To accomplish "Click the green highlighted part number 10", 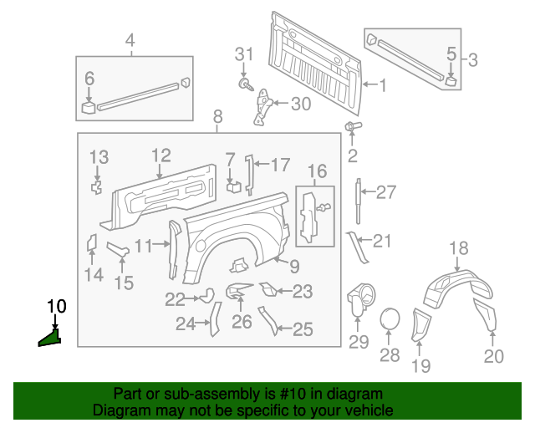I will tap(50, 337).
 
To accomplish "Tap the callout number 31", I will tap(242, 55).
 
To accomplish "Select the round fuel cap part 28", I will tap(390, 320).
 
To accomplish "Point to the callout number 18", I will tap(459, 247).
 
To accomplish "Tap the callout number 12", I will tap(160, 155).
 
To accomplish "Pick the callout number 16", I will tap(317, 172).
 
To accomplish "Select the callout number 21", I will tap(381, 242).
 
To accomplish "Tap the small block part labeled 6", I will tap(89, 107).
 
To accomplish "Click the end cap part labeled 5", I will tap(451, 81).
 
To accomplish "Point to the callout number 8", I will tap(217, 116).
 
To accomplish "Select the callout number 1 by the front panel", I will tap(383, 85).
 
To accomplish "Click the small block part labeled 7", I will tap(233, 186).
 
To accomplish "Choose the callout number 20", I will tap(493, 357).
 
